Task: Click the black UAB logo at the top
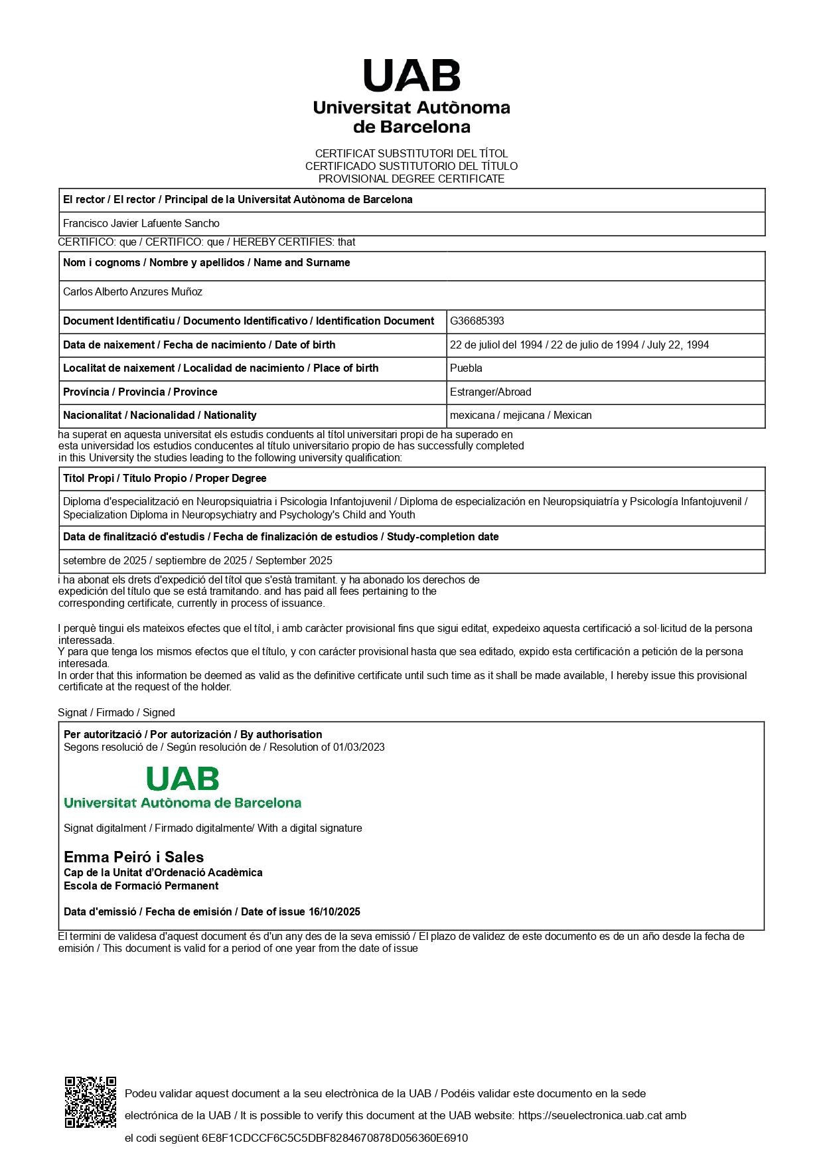pyautogui.click(x=411, y=76)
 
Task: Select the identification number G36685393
pyautogui.click(x=477, y=321)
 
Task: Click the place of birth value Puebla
pyautogui.click(x=466, y=368)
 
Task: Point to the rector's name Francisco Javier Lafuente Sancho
pyautogui.click(x=141, y=223)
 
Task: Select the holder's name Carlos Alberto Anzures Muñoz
pyautogui.click(x=133, y=291)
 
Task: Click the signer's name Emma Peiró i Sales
pyautogui.click(x=133, y=857)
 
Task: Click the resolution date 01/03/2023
pyautogui.click(x=358, y=747)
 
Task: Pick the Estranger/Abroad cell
pyautogui.click(x=490, y=392)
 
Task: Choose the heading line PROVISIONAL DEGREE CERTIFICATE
pyautogui.click(x=411, y=179)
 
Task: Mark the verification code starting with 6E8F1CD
pyautogui.click(x=335, y=1138)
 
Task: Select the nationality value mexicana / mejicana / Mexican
pyautogui.click(x=521, y=415)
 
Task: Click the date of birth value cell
pyautogui.click(x=579, y=345)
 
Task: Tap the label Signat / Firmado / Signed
pyautogui.click(x=116, y=712)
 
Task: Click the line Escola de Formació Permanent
pyautogui.click(x=141, y=886)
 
